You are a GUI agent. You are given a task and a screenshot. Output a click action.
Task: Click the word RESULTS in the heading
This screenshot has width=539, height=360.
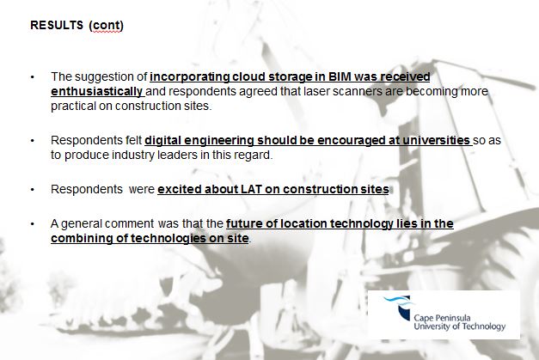click(56, 25)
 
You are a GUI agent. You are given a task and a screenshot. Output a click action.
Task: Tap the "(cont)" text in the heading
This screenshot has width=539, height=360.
click(107, 25)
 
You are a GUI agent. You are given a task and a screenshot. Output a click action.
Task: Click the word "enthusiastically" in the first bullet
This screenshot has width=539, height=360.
click(97, 90)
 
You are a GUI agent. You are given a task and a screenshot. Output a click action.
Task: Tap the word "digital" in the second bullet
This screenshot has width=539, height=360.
click(164, 139)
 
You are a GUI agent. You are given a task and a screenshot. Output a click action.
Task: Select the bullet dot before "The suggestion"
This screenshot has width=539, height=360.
click(32, 77)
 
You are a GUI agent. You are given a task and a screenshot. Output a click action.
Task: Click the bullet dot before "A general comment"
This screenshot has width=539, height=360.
click(32, 224)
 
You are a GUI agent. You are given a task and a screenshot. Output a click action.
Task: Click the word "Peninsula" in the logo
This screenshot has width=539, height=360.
click(451, 318)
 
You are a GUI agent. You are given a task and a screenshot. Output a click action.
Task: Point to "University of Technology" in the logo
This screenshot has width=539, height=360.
click(460, 327)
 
